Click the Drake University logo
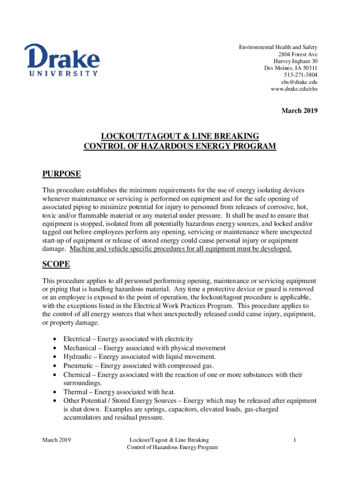[62, 59]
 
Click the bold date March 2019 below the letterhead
[299, 111]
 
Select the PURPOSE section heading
[61, 174]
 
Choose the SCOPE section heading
[56, 264]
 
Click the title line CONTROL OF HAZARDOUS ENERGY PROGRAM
[180, 146]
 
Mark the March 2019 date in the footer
[56, 440]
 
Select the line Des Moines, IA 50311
[291, 68]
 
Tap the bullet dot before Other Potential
[57, 401]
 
